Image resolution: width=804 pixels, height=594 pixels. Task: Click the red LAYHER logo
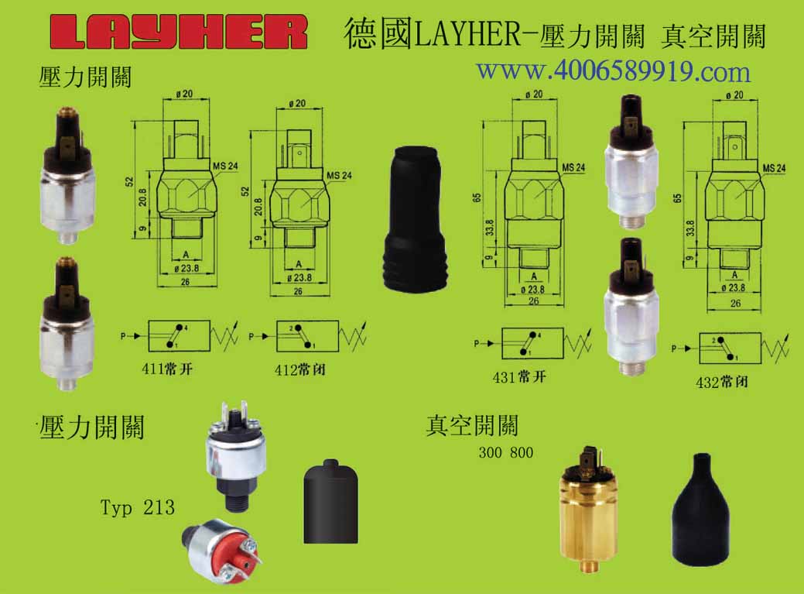pyautogui.click(x=179, y=33)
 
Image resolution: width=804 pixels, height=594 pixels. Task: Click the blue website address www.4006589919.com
pyautogui.click(x=614, y=71)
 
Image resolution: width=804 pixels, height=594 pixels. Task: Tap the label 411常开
pyautogui.click(x=167, y=369)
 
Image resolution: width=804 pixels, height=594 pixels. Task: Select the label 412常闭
pyautogui.click(x=300, y=370)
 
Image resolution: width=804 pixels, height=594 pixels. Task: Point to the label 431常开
pyautogui.click(x=519, y=377)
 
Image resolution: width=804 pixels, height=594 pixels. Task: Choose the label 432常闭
pyautogui.click(x=721, y=382)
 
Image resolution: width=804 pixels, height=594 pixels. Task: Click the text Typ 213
pyautogui.click(x=138, y=507)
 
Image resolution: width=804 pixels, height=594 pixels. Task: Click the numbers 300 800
pyautogui.click(x=505, y=452)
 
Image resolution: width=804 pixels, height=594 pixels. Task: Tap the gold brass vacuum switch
pyautogui.click(x=587, y=509)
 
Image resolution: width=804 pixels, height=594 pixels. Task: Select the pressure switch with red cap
pyautogui.click(x=221, y=551)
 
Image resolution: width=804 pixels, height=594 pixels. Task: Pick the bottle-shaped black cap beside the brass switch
pyautogui.click(x=700, y=510)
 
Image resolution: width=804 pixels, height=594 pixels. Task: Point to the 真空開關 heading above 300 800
pyautogui.click(x=472, y=425)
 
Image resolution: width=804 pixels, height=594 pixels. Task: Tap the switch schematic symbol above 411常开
pyautogui.click(x=180, y=336)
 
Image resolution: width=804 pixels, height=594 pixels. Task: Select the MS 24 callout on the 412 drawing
pyautogui.click(x=340, y=176)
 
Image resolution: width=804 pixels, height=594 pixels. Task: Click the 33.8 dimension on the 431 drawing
pyautogui.click(x=490, y=227)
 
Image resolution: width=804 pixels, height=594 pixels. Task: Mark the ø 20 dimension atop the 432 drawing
pyautogui.click(x=735, y=95)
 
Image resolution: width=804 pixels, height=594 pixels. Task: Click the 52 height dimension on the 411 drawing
pyautogui.click(x=129, y=181)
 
